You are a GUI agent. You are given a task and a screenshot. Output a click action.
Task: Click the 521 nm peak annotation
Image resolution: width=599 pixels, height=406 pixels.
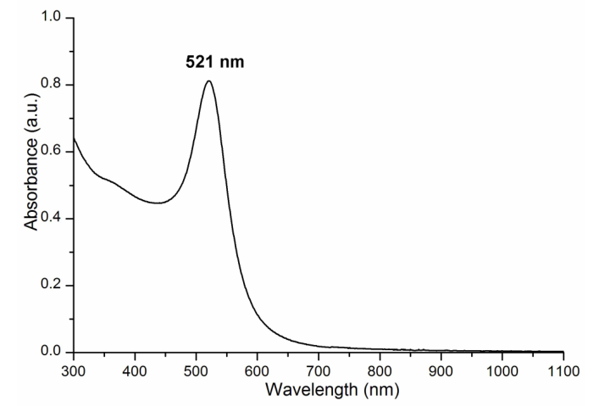click(215, 62)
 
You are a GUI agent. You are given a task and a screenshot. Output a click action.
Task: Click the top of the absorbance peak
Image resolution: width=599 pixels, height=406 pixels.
click(208, 81)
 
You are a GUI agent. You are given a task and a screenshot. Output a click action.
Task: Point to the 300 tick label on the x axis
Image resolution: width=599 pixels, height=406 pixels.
click(74, 370)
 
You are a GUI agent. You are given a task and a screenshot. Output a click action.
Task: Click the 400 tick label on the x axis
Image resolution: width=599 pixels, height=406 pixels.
click(135, 370)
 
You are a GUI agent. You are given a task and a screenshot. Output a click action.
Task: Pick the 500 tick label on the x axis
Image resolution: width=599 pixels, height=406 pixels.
click(196, 370)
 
